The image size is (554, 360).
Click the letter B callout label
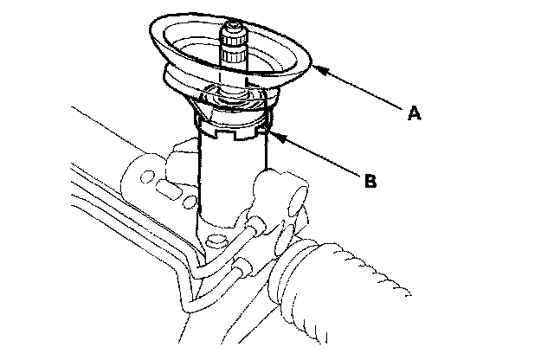[x=370, y=181]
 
